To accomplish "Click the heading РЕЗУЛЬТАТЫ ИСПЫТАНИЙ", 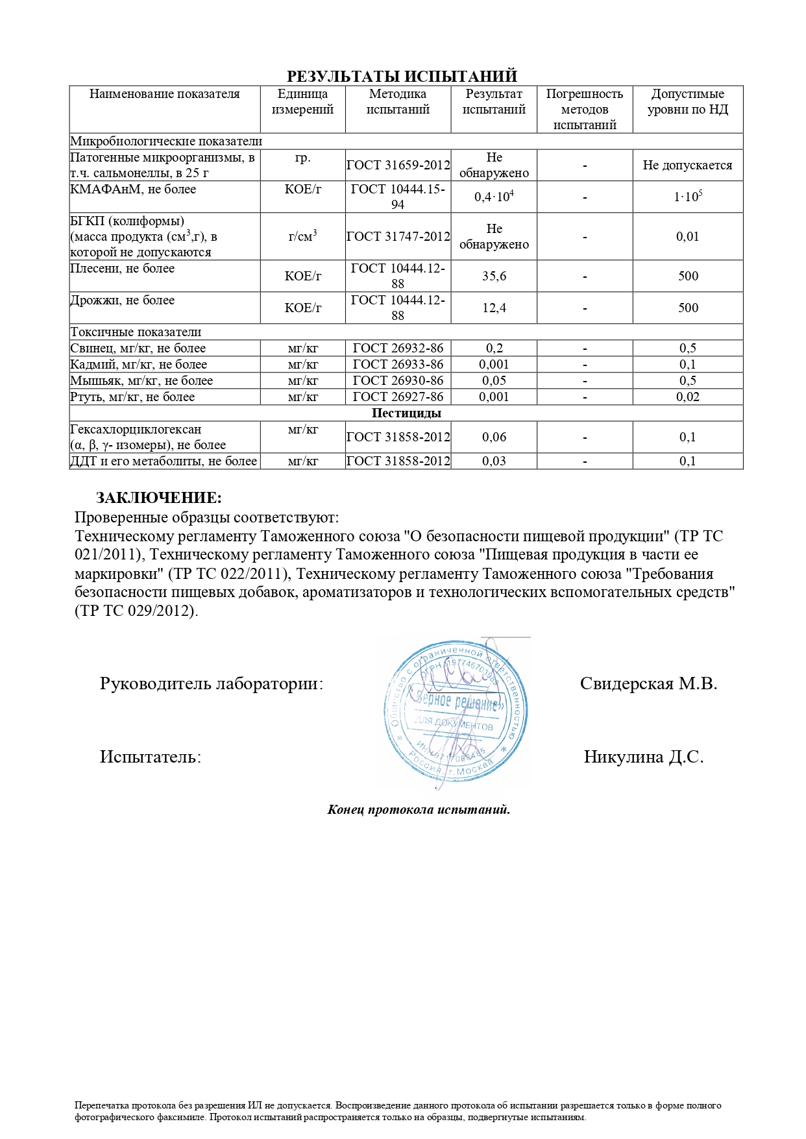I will (402, 77).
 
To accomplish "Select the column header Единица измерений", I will (302, 102).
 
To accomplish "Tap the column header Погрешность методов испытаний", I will (584, 110).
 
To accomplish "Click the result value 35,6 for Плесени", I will (494, 276).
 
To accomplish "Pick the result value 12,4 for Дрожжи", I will (494, 308).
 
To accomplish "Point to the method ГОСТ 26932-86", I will (398, 349).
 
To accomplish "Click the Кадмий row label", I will (139, 365).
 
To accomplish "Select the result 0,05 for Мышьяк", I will (494, 381).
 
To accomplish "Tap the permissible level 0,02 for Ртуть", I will (687, 397).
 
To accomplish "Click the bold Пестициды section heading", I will (406, 413).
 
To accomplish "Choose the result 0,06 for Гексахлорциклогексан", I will (494, 437).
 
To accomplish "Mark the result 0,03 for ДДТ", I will (494, 461).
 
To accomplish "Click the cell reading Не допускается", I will (687, 165).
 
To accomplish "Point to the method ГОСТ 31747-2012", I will (398, 237).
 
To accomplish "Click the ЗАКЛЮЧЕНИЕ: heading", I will (159, 498).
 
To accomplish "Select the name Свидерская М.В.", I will (648, 684).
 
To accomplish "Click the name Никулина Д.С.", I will (644, 757).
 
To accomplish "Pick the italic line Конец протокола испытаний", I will (419, 810).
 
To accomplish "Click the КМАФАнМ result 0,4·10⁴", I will (494, 197).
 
